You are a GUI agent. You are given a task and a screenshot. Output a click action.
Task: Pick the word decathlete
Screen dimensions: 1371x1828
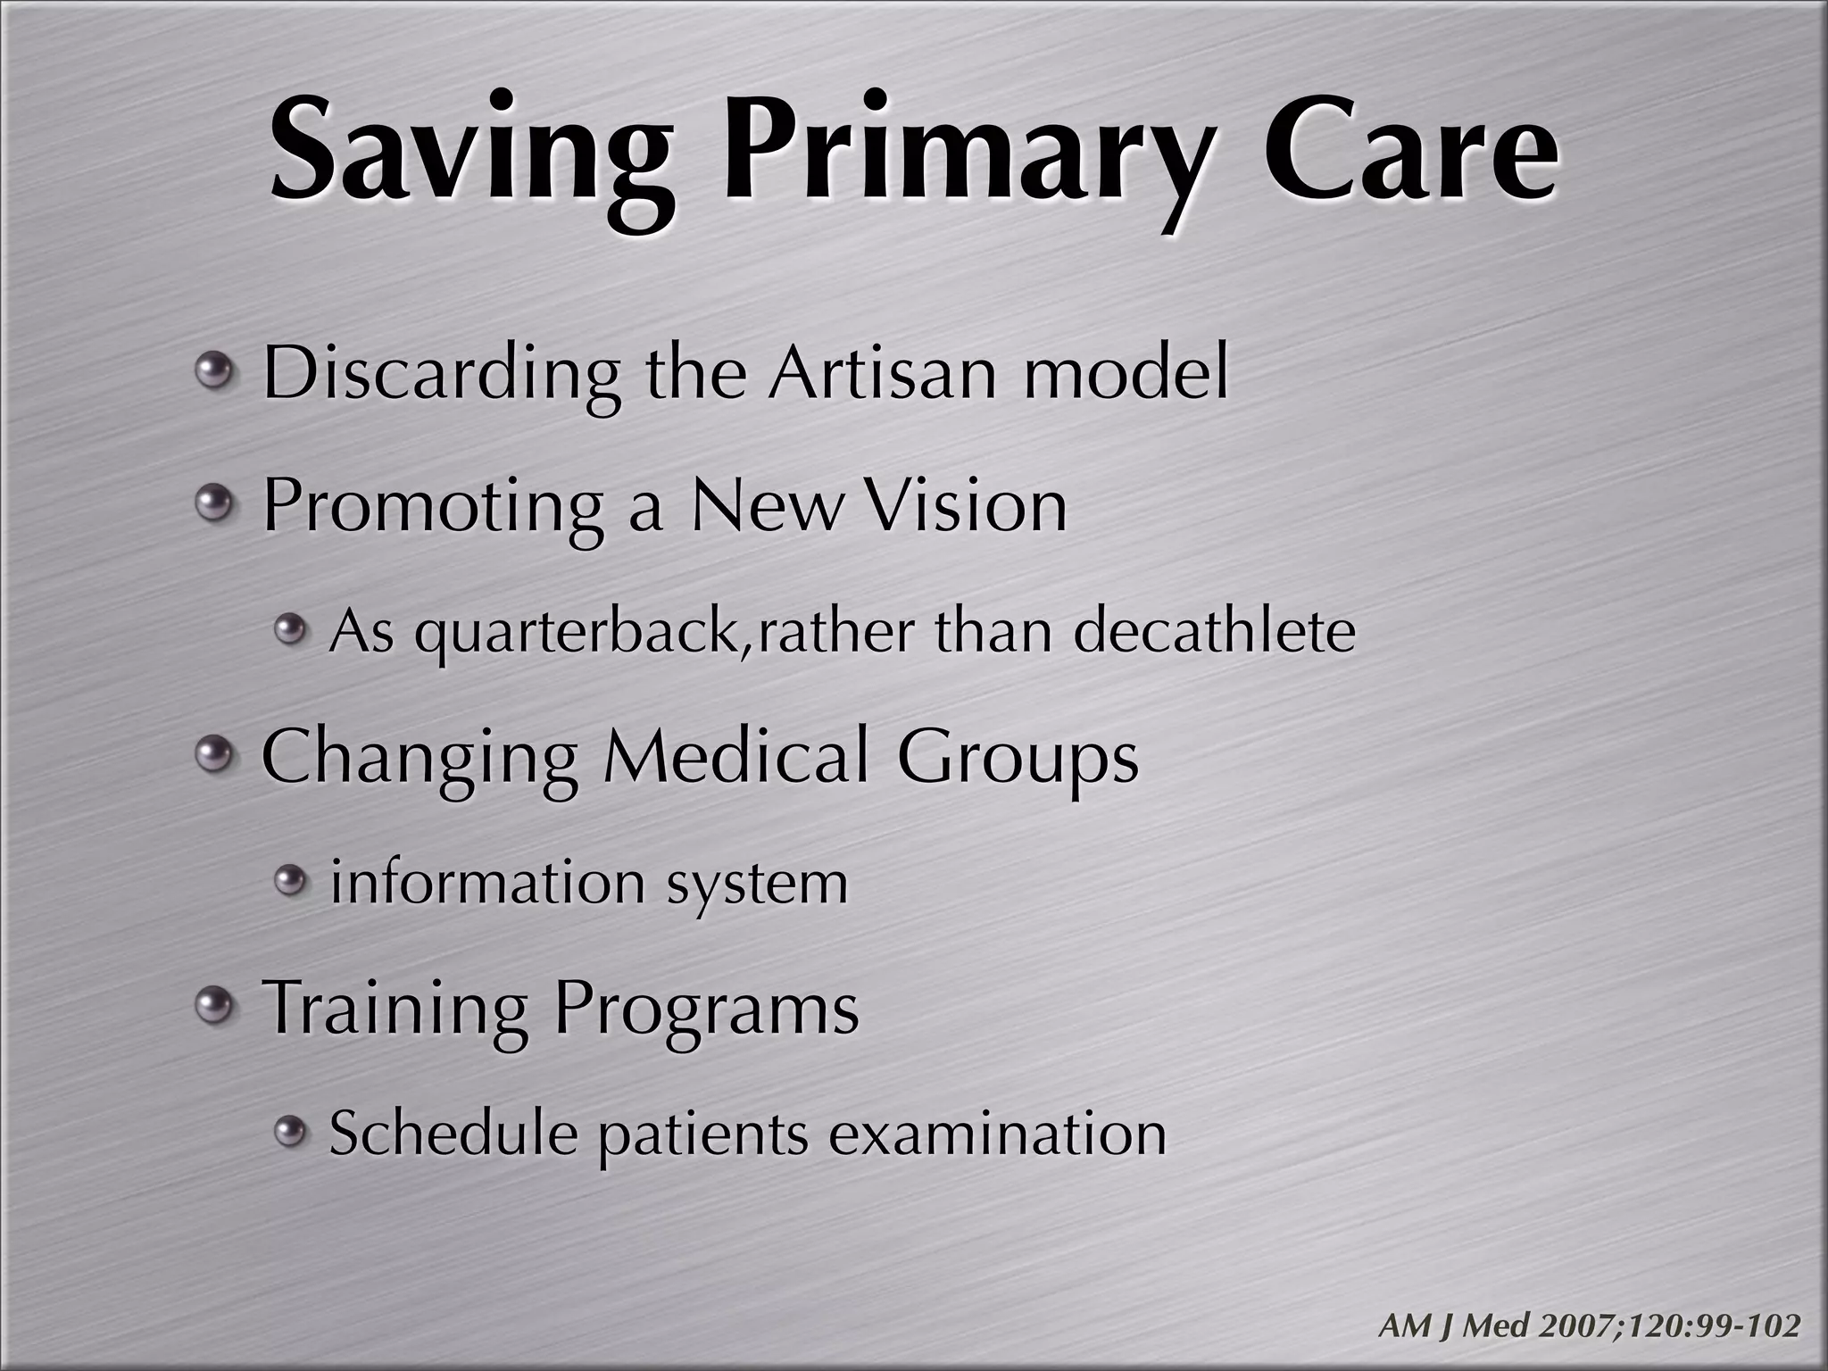coord(1214,631)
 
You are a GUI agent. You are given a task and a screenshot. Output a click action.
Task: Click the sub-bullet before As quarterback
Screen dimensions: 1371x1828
coord(289,630)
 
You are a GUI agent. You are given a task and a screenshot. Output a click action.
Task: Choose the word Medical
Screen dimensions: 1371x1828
coord(736,757)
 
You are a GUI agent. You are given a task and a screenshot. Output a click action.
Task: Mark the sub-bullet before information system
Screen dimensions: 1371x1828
coord(289,882)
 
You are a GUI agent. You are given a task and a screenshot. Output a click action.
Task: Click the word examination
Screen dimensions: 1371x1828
coord(997,1134)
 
